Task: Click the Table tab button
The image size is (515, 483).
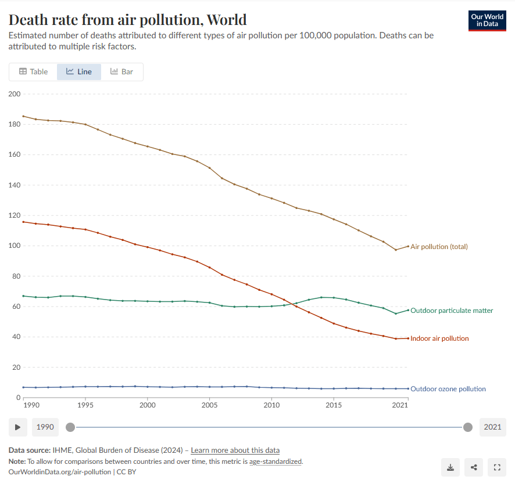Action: (x=33, y=71)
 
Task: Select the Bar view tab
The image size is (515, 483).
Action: (x=122, y=71)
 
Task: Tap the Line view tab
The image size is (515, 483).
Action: (x=79, y=71)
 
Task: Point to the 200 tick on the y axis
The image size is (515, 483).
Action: (x=15, y=94)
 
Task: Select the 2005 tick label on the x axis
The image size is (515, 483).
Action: (x=210, y=405)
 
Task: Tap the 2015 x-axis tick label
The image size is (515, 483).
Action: (x=334, y=405)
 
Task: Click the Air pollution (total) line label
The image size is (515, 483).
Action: (x=439, y=247)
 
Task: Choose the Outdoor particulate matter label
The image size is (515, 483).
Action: (x=452, y=311)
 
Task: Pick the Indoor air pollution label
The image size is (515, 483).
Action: (x=439, y=338)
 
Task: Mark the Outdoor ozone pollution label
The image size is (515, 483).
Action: (x=448, y=389)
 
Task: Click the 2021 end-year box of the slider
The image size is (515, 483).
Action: (x=492, y=427)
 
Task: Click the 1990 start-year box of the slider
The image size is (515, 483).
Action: (x=45, y=427)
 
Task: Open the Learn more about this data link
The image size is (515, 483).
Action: (x=235, y=450)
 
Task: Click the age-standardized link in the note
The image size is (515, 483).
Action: (x=276, y=462)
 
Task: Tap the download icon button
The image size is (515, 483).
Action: (x=450, y=467)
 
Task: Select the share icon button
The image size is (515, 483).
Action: (x=474, y=467)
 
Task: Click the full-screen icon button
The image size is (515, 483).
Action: (x=497, y=467)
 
